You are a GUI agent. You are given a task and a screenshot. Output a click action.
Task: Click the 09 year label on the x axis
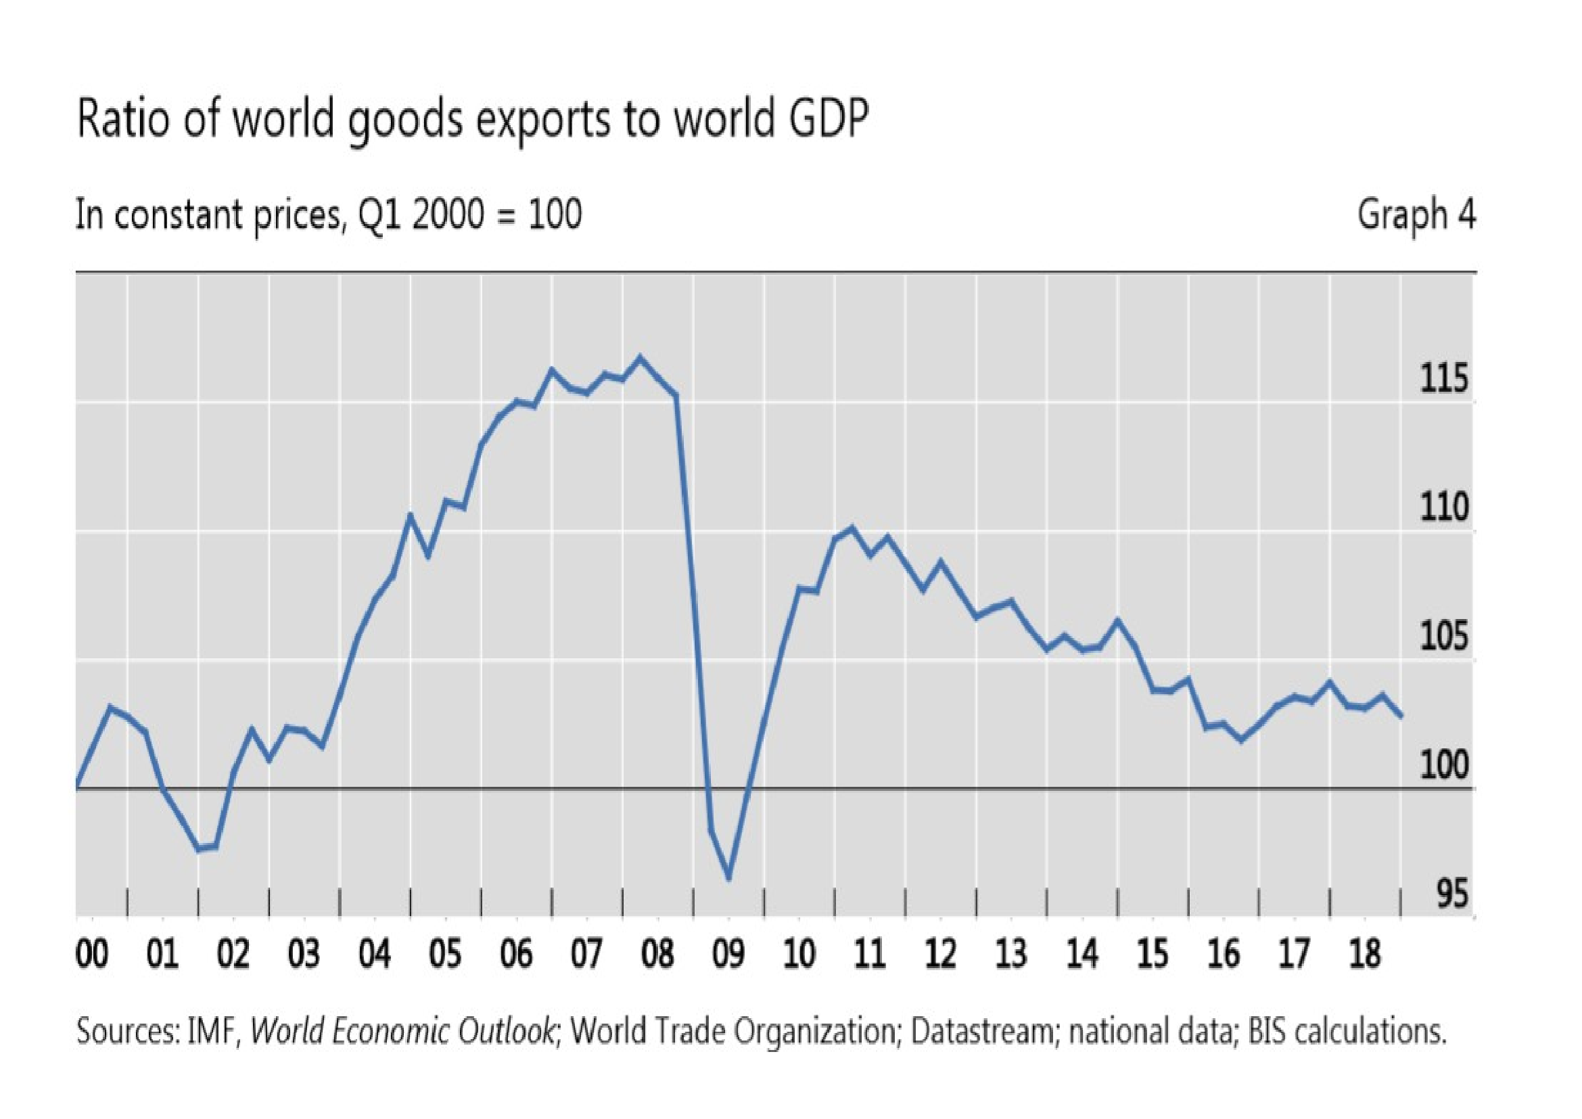tap(729, 956)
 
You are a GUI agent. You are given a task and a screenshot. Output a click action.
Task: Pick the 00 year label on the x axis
tap(93, 956)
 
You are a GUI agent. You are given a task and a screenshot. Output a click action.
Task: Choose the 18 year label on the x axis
tap(1365, 956)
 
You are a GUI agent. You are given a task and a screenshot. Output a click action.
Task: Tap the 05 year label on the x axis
tap(446, 956)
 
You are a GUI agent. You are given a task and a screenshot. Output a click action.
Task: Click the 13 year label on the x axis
tap(1011, 956)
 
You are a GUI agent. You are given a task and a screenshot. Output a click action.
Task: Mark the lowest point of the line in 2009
tap(729, 878)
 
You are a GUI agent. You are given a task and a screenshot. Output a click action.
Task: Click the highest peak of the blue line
tap(640, 358)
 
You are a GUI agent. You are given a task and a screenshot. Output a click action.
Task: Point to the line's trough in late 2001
tap(199, 849)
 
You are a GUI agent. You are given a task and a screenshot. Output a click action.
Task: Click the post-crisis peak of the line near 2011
tap(852, 528)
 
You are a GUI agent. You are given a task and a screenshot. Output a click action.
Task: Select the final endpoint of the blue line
tap(1401, 716)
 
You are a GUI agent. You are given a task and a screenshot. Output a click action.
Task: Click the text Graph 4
tap(1416, 215)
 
